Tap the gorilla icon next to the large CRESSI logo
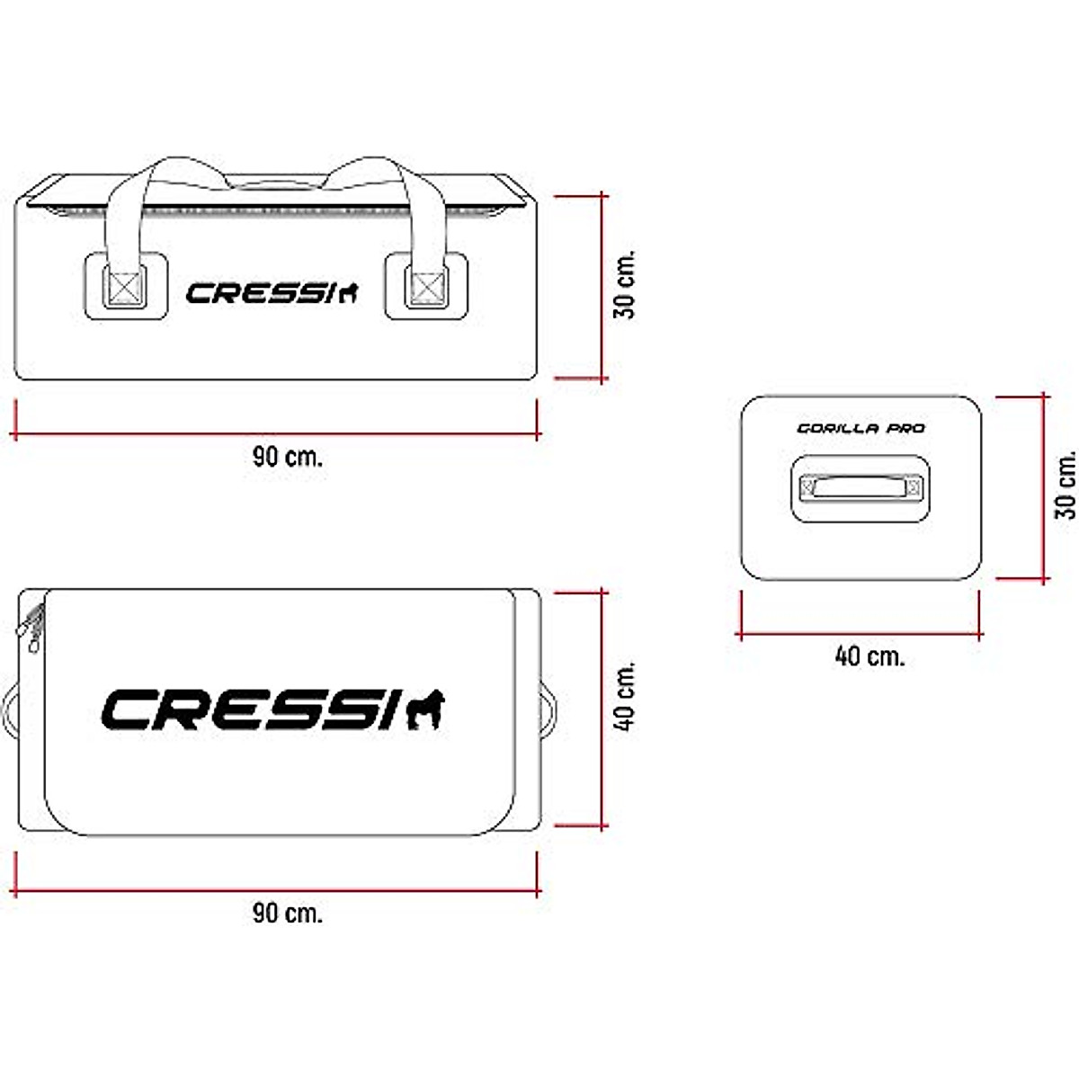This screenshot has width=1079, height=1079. point(425,710)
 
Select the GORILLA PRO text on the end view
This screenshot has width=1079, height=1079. point(861,429)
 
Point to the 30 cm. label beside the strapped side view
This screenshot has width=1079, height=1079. point(625,284)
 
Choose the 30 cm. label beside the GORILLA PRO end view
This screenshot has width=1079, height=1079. point(1066,485)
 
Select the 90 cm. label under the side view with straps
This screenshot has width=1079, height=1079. point(287,457)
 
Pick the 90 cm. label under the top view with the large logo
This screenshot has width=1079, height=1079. point(287,914)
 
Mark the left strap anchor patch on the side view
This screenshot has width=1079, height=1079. point(125,286)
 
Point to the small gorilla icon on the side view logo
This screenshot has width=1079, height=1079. point(348,292)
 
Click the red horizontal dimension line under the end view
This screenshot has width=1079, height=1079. point(860,633)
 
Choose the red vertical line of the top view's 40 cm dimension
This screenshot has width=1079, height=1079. point(602,709)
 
